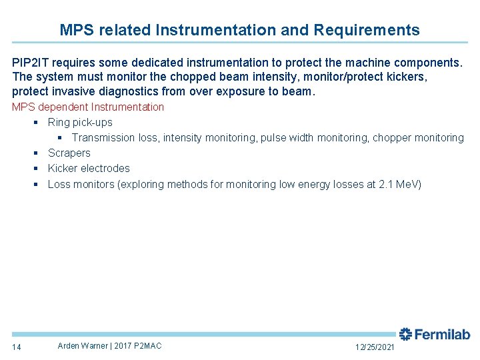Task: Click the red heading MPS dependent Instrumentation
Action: pyautogui.click(x=88, y=107)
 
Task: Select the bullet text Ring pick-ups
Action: pyautogui.click(x=80, y=122)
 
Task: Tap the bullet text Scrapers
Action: pyautogui.click(x=69, y=153)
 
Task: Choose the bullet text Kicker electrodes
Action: pyautogui.click(x=89, y=168)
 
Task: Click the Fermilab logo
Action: pyautogui.click(x=435, y=335)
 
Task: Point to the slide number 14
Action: pyautogui.click(x=17, y=347)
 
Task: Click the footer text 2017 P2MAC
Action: pyautogui.click(x=138, y=345)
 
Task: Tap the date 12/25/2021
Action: pyautogui.click(x=375, y=347)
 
